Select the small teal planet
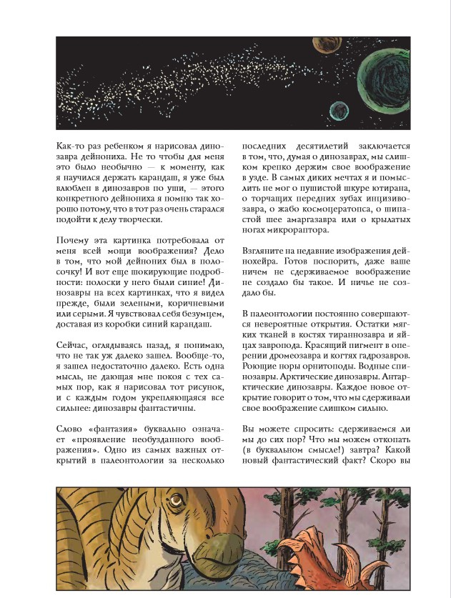(x=338, y=110)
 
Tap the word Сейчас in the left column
(x=74, y=345)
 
